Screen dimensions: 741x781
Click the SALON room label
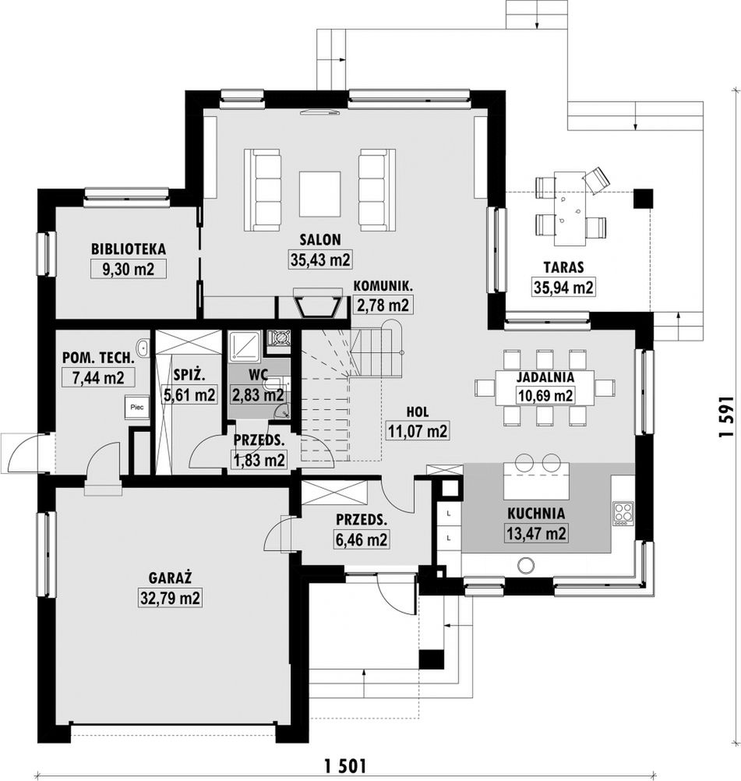320,239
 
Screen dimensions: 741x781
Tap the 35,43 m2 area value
320,260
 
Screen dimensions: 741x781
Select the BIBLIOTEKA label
129,249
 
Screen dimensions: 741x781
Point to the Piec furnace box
136,408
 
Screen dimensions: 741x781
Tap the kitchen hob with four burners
623,514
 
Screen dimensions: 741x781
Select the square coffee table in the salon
320,194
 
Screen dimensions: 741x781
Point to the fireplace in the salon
319,303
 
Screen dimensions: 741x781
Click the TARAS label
563,267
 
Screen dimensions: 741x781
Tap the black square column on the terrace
642,198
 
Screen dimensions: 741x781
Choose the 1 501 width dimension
345,765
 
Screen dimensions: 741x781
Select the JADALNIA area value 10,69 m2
545,396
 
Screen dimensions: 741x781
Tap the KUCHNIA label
536,514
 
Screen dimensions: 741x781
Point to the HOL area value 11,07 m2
418,431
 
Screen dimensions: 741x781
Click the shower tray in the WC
245,346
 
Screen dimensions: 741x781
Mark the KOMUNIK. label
383,286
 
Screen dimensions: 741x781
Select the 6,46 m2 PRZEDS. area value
361,539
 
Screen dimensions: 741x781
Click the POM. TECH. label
98,358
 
